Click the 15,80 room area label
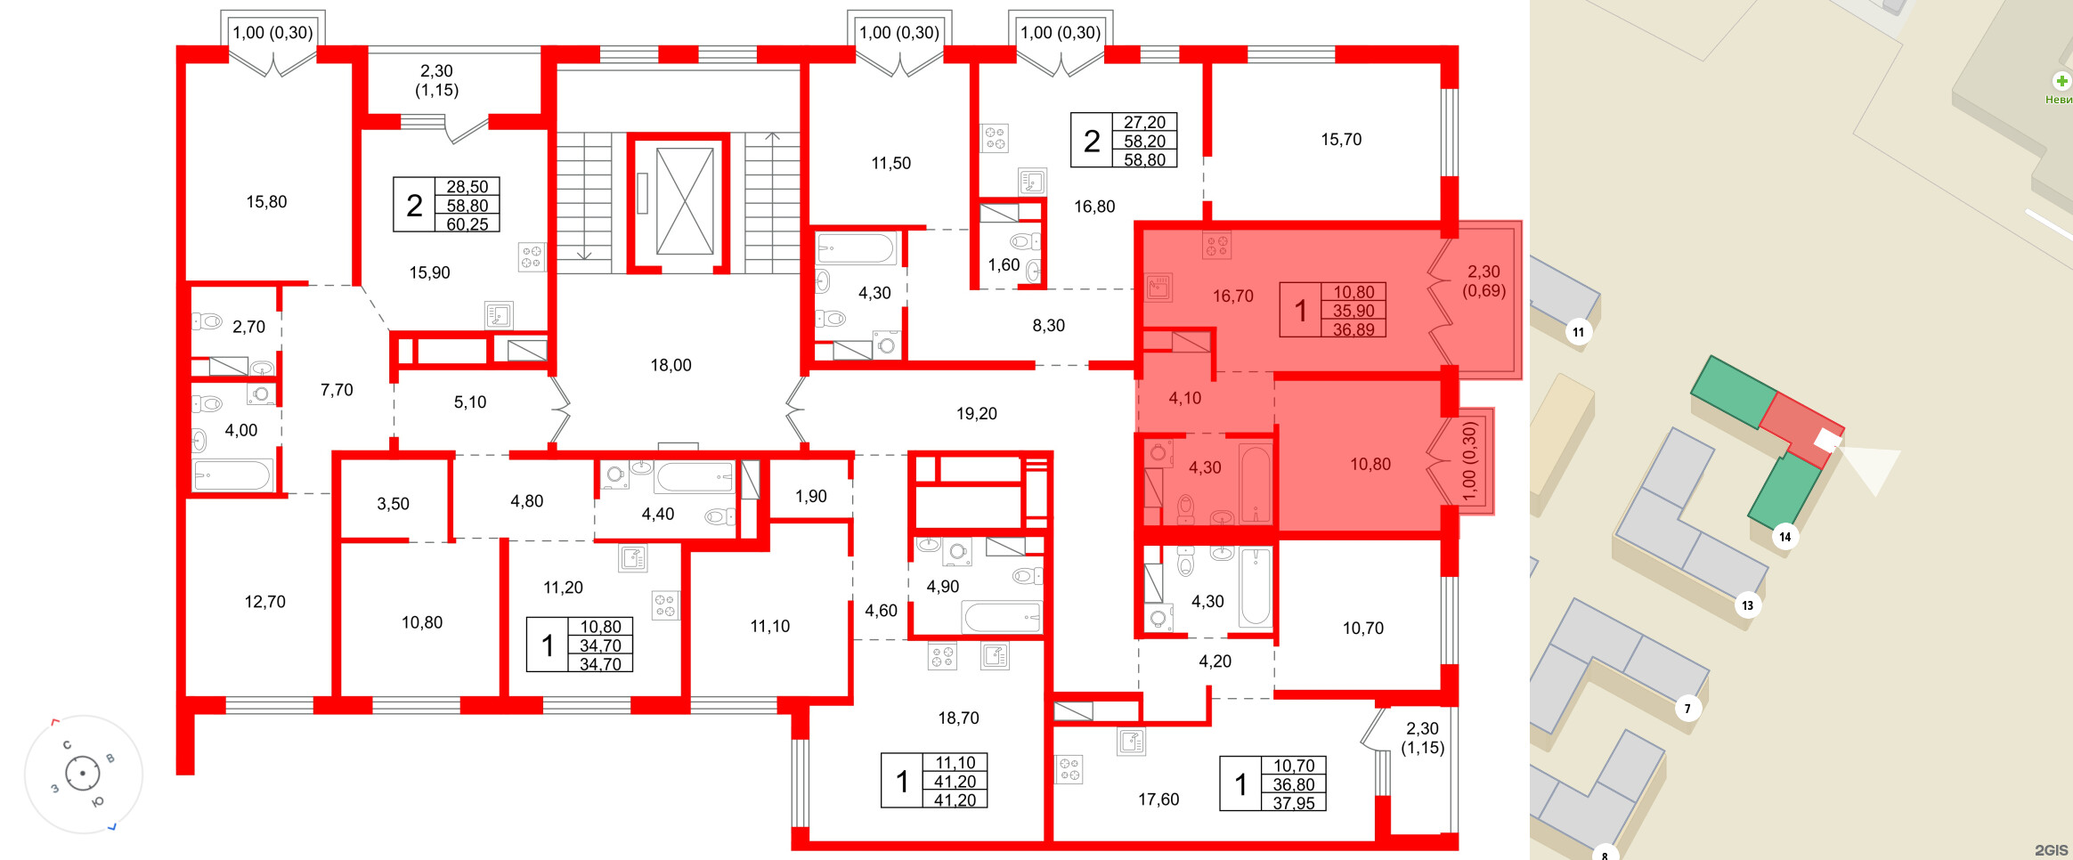click(x=266, y=202)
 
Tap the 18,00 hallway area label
click(x=671, y=365)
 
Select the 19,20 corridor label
click(x=976, y=414)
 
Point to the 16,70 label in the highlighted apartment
click(x=1232, y=296)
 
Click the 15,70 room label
click(x=1340, y=140)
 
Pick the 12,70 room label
click(x=264, y=602)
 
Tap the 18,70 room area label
click(x=958, y=718)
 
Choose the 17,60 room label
click(x=1158, y=799)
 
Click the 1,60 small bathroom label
click(x=1004, y=265)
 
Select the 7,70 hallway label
click(x=337, y=390)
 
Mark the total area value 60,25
click(x=467, y=224)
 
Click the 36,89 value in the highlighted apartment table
click(x=1354, y=329)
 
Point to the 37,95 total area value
click(x=1294, y=803)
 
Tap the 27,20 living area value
click(x=1144, y=122)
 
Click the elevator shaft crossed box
click(x=685, y=201)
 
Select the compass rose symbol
click(x=83, y=773)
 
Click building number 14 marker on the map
click(x=1784, y=537)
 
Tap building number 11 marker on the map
click(x=1578, y=333)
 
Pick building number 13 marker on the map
click(x=1747, y=605)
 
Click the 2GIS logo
click(x=2051, y=850)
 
